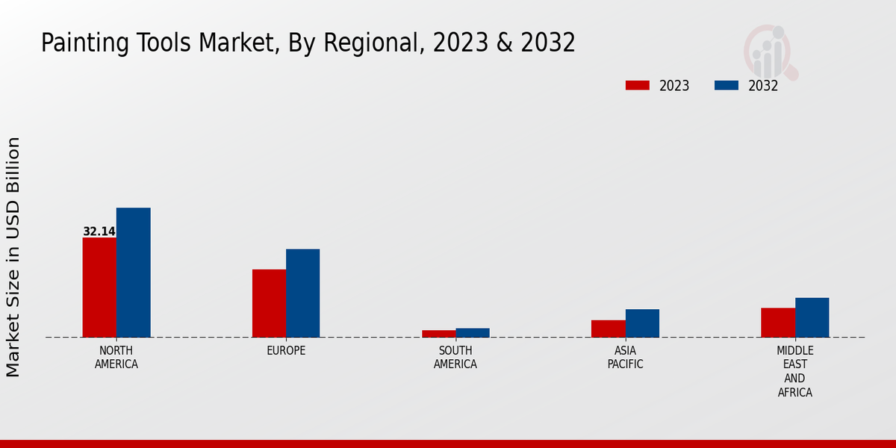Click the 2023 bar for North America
click(99, 287)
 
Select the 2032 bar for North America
click(134, 273)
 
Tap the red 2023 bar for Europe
click(269, 303)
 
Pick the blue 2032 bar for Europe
click(303, 293)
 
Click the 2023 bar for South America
click(438, 334)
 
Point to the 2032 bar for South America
click(473, 333)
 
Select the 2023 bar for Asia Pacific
click(609, 329)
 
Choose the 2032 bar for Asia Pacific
click(642, 323)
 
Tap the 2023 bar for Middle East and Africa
click(778, 323)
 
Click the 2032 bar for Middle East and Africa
click(812, 317)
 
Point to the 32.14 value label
click(99, 231)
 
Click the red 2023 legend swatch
click(637, 85)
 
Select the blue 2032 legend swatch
click(726, 85)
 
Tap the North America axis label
click(116, 358)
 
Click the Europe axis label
click(286, 351)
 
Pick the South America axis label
click(455, 358)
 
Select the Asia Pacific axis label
click(625, 358)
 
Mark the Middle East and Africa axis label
click(795, 372)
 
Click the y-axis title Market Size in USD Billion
click(13, 257)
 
